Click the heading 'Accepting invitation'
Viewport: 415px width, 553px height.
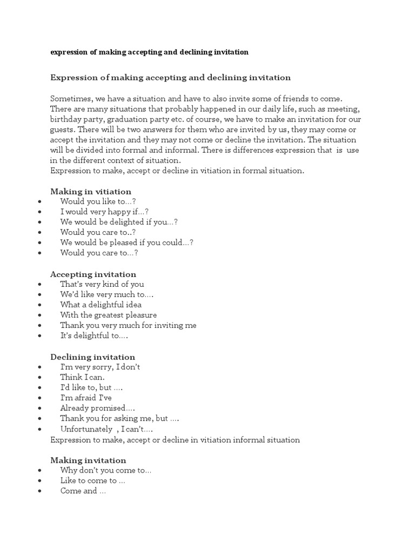[93, 274]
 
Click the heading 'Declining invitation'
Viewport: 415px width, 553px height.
[92, 357]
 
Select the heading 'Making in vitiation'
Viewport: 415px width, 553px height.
[90, 192]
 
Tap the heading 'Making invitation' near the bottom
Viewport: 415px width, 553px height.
[88, 460]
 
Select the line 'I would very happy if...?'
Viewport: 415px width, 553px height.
[104, 212]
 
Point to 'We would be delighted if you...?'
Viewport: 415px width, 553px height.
[119, 222]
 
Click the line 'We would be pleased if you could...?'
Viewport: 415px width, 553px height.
[126, 242]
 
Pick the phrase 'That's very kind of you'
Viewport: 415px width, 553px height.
[102, 284]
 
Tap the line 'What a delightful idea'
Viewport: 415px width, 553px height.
[101, 305]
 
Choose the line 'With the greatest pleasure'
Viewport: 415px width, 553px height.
[108, 315]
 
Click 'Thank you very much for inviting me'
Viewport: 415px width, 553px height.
[128, 325]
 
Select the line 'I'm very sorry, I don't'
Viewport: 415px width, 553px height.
[100, 367]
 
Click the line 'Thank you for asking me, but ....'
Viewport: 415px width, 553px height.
[119, 419]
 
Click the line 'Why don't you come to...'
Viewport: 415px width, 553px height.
[105, 470]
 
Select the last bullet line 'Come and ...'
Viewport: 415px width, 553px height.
[83, 491]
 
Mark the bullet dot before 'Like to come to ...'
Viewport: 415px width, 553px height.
[41, 481]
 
